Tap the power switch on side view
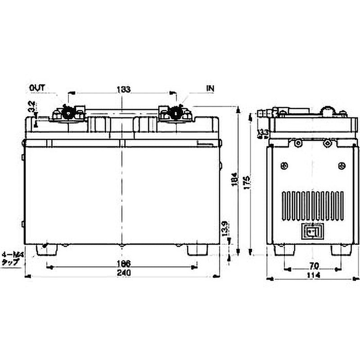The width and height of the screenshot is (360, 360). [x=312, y=232]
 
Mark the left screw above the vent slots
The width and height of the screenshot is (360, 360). [x=283, y=166]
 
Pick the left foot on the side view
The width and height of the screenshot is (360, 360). [x=284, y=250]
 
